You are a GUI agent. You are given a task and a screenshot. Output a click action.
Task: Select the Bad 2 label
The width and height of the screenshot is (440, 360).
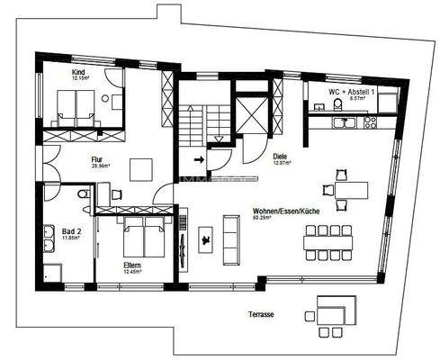pyautogui.click(x=71, y=231)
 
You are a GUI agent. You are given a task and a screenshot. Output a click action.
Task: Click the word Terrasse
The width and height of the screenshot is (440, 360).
pyautogui.click(x=263, y=314)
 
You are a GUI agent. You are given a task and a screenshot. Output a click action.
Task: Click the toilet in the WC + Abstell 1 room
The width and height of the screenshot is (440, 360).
pyautogui.click(x=337, y=105)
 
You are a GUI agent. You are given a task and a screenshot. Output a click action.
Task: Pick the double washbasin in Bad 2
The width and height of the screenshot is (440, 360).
pyautogui.click(x=45, y=241)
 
